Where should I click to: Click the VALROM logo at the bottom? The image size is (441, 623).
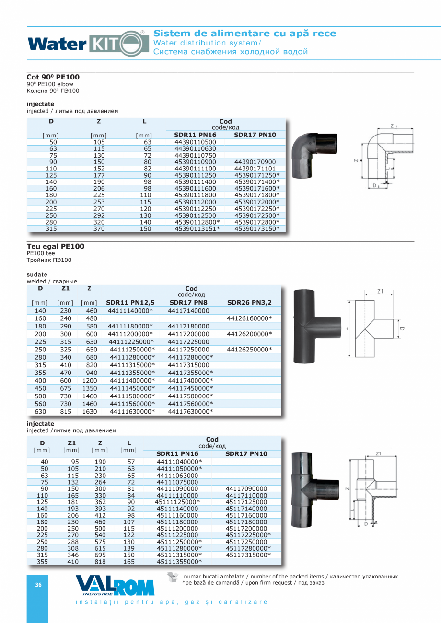pyautogui.click(x=115, y=585)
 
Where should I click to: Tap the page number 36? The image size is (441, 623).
pyautogui.click(x=38, y=585)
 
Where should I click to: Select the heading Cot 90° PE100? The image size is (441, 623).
pyautogui.click(x=53, y=77)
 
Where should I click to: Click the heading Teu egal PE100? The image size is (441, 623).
pyautogui.click(x=56, y=246)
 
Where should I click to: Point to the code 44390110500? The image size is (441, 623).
pyautogui.click(x=195, y=142)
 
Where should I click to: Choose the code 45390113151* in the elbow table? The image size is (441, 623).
pyautogui.click(x=197, y=229)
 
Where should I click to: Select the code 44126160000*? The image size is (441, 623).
pyautogui.click(x=249, y=318)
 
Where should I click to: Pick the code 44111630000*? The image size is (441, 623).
pyautogui.click(x=132, y=411)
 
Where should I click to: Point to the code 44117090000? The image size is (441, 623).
pyautogui.click(x=246, y=488)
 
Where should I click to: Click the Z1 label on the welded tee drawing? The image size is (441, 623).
pyautogui.click(x=381, y=291)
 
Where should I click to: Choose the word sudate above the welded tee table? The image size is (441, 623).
pyautogui.click(x=37, y=274)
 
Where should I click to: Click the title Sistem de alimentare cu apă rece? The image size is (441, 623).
pyautogui.click(x=244, y=34)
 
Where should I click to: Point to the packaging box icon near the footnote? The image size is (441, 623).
pyautogui.click(x=173, y=578)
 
